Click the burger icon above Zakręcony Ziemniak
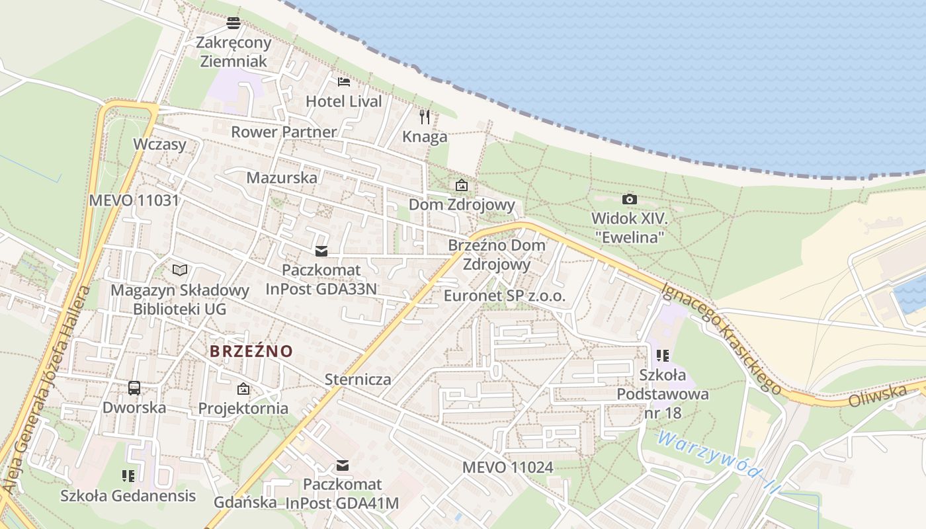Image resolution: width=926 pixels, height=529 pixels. click(233, 23)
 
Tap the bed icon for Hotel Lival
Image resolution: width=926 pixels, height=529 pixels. click(344, 82)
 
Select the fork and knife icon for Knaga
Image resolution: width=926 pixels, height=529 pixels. click(425, 117)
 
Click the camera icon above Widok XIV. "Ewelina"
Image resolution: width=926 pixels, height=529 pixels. click(630, 199)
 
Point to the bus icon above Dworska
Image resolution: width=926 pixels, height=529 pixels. click(134, 388)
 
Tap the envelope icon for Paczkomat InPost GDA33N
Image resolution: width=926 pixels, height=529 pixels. click(321, 251)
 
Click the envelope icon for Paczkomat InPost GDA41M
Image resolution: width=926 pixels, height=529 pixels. click(343, 466)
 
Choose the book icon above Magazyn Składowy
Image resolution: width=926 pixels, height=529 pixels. click(180, 270)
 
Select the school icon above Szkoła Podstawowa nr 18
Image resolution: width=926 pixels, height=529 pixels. click(663, 356)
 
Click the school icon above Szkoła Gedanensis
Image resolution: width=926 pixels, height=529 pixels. click(128, 475)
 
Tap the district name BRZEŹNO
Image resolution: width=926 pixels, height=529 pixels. click(251, 351)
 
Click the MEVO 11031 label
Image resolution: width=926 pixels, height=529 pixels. click(134, 200)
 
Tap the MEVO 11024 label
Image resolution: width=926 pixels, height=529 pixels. click(507, 468)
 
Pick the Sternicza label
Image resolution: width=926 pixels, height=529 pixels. click(358, 380)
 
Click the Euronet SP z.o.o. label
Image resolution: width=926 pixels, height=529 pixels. click(505, 296)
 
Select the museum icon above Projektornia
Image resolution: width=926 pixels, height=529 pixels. click(243, 389)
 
